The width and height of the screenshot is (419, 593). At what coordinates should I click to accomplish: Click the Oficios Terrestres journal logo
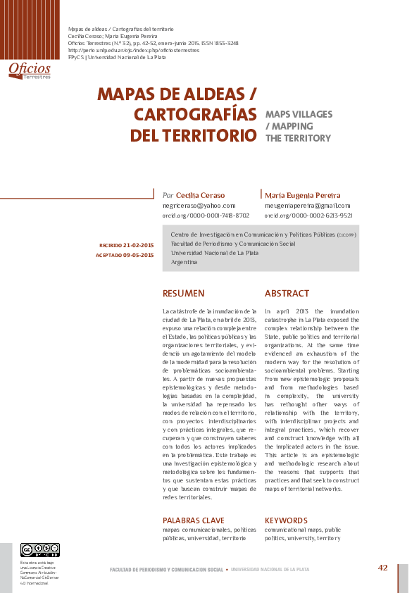(x=30, y=70)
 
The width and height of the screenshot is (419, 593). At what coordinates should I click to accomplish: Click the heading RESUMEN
(x=183, y=293)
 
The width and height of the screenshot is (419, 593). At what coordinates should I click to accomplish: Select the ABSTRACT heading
(x=287, y=293)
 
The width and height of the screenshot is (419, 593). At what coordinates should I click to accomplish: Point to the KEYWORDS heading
(x=286, y=520)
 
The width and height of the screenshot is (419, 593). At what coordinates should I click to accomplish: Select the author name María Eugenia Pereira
(x=302, y=195)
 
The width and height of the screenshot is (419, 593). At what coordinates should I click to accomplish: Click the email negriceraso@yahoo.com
(x=199, y=205)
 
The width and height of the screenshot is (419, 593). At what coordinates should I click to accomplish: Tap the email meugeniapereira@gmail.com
(x=307, y=205)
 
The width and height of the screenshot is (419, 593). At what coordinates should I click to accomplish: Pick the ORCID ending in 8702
(x=206, y=215)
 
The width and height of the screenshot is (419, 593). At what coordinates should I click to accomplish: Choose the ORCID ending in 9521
(x=308, y=215)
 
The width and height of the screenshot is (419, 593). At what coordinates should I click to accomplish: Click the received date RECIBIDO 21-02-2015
(x=127, y=244)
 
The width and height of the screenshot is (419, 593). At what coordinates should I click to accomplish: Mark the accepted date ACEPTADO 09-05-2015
(x=125, y=255)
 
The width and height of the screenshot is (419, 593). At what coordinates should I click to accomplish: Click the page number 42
(x=383, y=568)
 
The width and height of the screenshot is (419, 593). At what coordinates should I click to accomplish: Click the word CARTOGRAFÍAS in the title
(x=195, y=114)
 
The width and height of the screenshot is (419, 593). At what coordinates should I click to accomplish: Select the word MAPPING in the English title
(x=289, y=126)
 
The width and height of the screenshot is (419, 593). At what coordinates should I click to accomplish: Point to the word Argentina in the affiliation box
(x=184, y=261)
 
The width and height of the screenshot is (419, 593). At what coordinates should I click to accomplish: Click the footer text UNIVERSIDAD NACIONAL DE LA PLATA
(x=270, y=569)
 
